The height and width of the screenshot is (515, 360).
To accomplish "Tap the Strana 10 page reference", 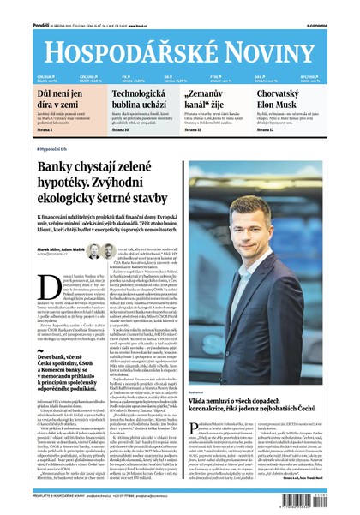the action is coord(122,129).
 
